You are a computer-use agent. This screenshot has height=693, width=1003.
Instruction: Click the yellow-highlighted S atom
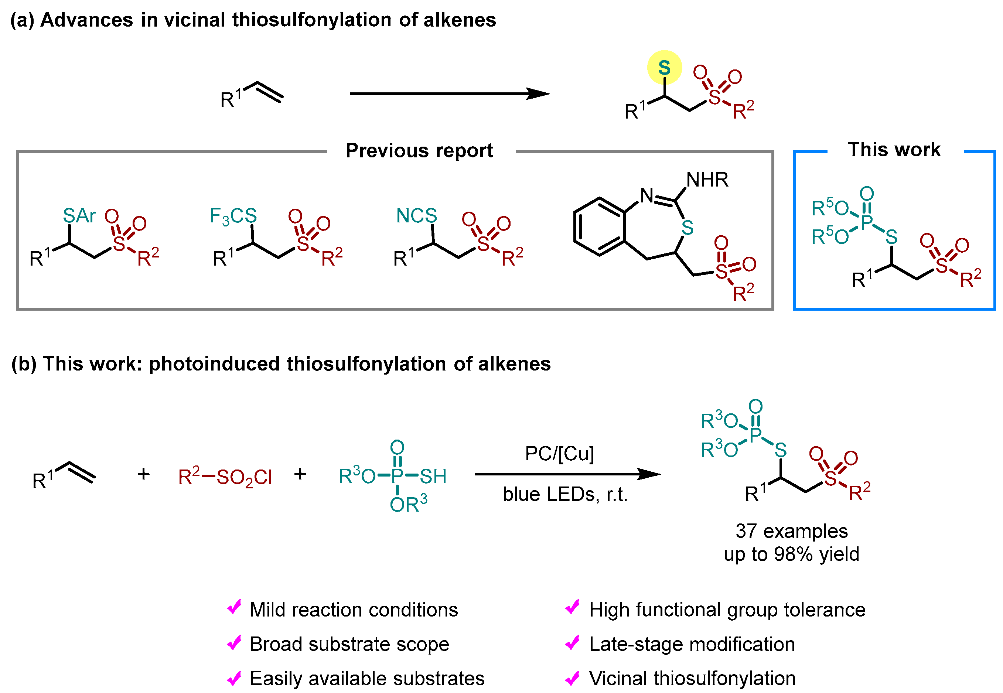[x=664, y=67]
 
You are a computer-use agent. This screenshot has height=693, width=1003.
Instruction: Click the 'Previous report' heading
[x=419, y=151]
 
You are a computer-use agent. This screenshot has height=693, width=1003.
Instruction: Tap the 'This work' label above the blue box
[x=894, y=149]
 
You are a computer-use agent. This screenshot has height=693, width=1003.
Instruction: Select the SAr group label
[x=79, y=215]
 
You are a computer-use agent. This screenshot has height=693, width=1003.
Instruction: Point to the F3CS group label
[x=233, y=216]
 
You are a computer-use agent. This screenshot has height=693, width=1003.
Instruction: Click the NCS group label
[x=416, y=215]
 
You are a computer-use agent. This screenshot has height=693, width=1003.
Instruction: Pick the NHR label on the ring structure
[x=707, y=179]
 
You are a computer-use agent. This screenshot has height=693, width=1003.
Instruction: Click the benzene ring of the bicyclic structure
[x=599, y=227]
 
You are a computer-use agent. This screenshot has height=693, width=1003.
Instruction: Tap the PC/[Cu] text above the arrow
[x=559, y=453]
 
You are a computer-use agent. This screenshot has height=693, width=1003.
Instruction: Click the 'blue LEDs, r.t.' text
[x=565, y=494]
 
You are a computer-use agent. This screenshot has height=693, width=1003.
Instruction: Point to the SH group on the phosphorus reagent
[x=433, y=476]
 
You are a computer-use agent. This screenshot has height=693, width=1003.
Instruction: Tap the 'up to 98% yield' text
[x=791, y=554]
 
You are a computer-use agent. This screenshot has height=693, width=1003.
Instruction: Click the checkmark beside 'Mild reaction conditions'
[x=235, y=607]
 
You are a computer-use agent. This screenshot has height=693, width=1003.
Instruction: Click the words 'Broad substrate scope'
[x=349, y=644]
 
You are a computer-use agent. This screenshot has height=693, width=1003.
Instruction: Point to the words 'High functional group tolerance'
[x=727, y=610]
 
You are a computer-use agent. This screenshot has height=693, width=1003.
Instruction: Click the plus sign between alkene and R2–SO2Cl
[x=144, y=474]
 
